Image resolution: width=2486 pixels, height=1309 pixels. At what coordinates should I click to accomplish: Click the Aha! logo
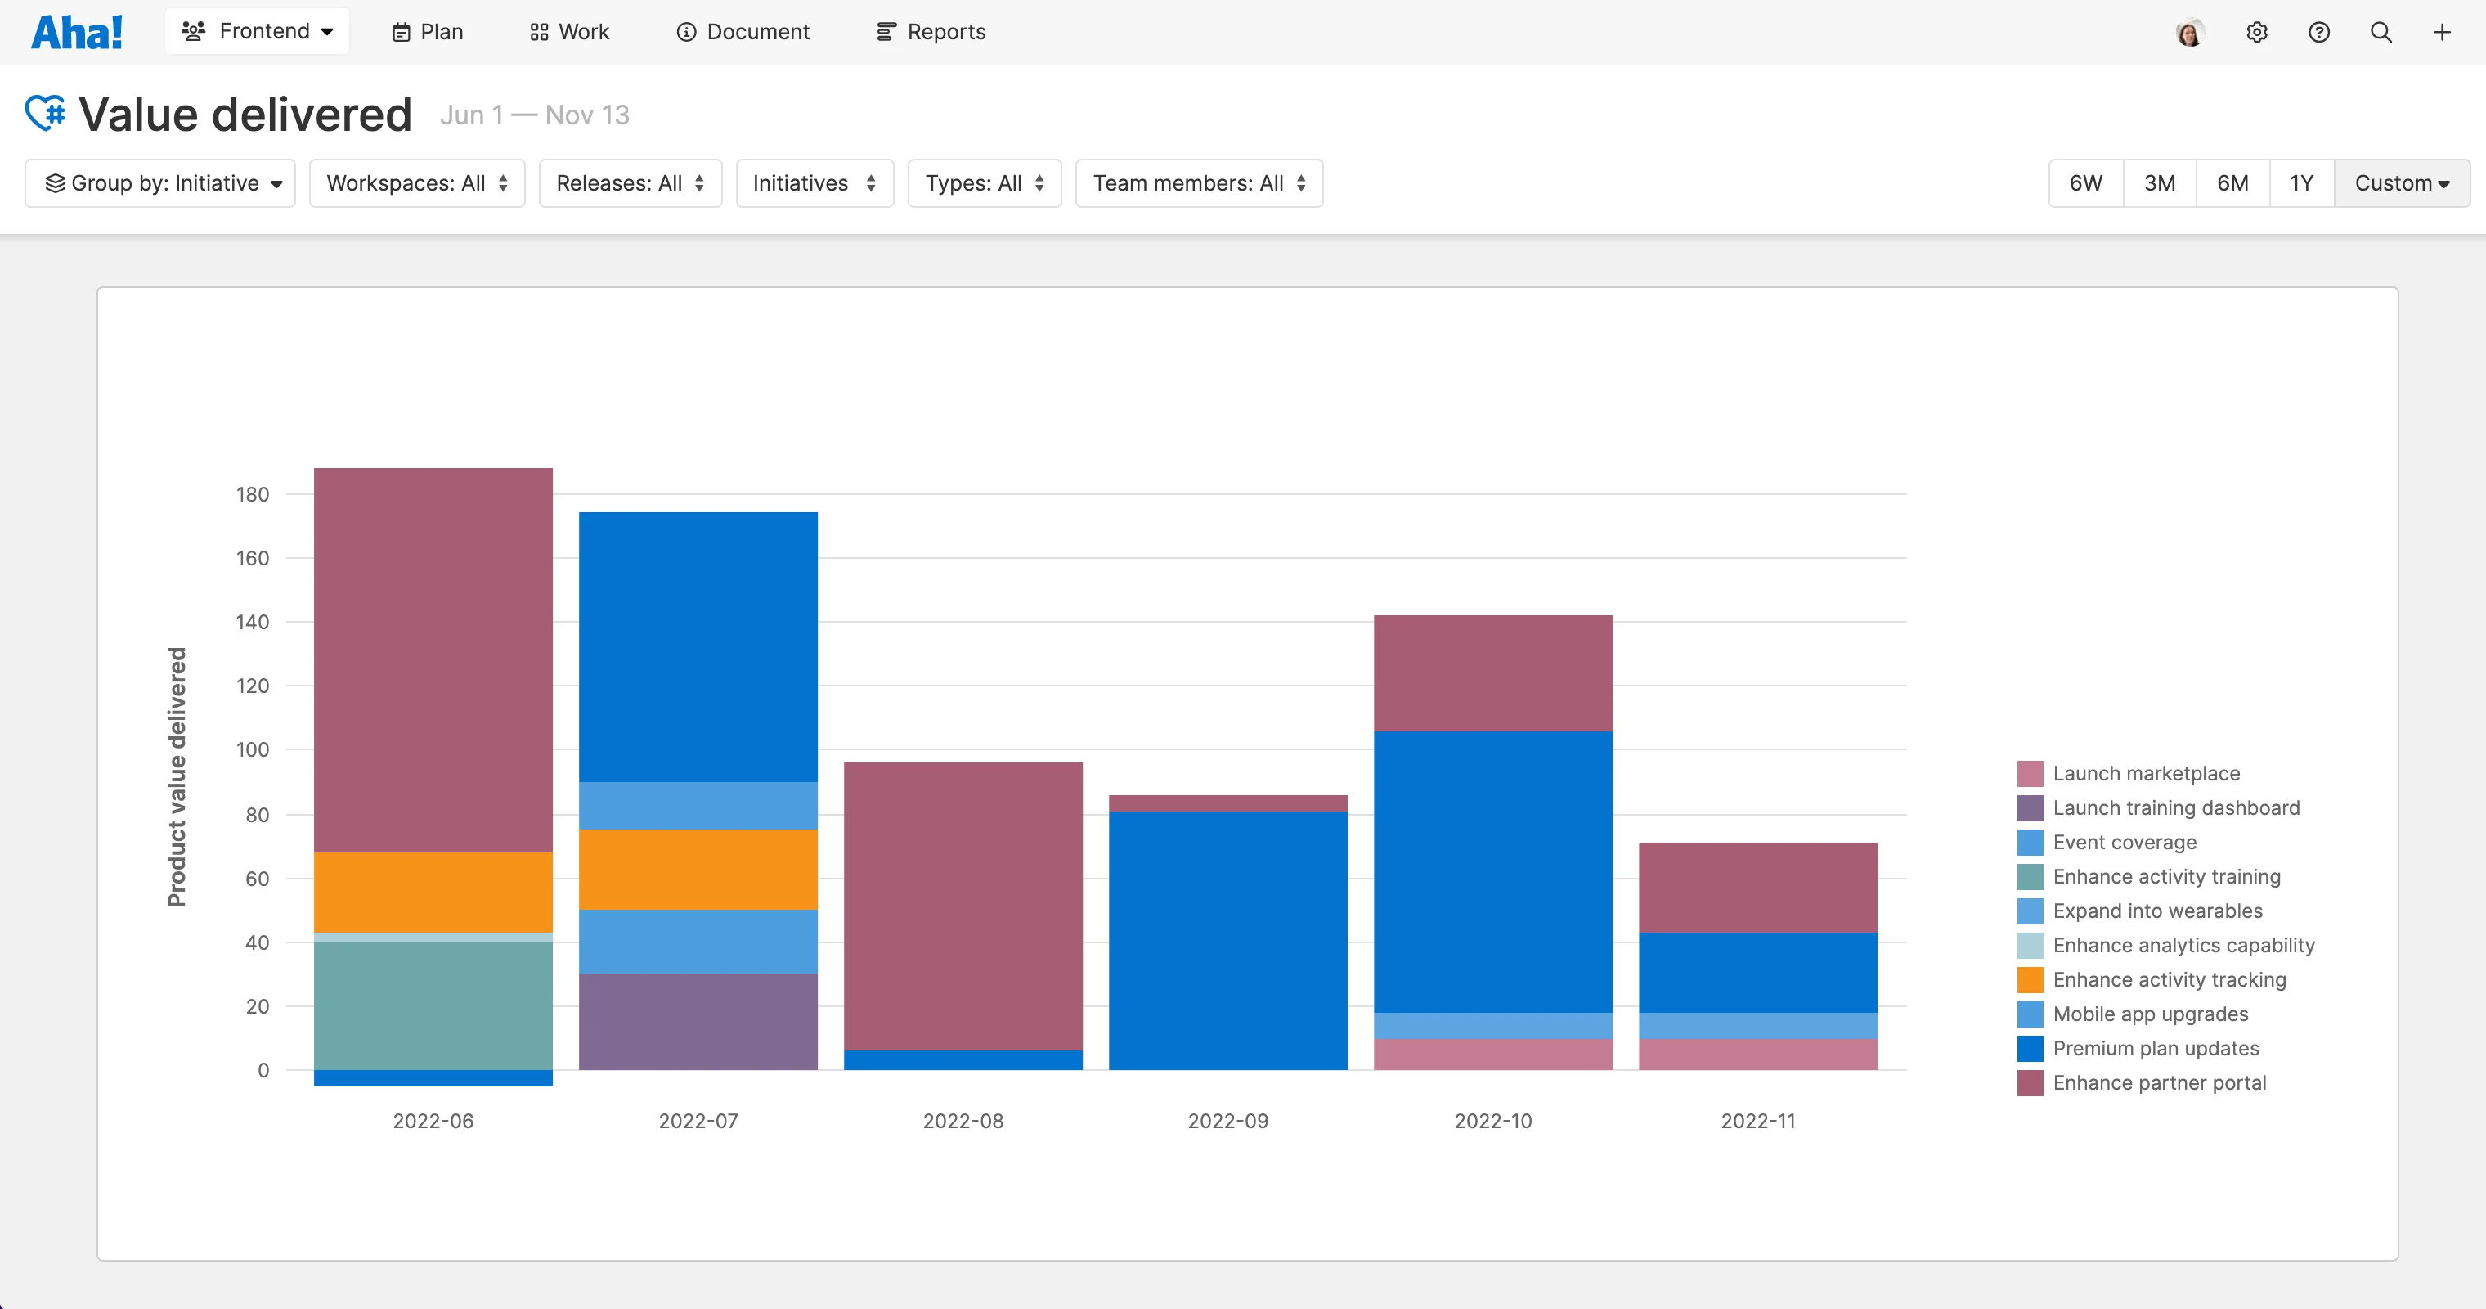[x=77, y=32]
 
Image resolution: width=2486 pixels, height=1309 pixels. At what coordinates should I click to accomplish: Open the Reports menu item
[x=931, y=32]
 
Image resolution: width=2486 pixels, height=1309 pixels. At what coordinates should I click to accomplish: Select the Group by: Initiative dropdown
[x=160, y=183]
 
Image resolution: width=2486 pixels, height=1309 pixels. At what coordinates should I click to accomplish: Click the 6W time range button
[x=2085, y=183]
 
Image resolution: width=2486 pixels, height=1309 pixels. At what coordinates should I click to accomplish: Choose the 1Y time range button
[x=2302, y=183]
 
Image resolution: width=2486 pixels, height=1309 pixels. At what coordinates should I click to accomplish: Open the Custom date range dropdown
[x=2401, y=183]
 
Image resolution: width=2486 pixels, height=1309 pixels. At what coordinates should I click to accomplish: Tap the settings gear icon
[x=2256, y=33]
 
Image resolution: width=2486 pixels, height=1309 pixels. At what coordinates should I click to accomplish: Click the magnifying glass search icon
[x=2381, y=33]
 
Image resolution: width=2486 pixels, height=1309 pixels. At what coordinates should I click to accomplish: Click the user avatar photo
[x=2190, y=33]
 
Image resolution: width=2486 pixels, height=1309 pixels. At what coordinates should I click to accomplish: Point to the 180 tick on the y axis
[x=253, y=494]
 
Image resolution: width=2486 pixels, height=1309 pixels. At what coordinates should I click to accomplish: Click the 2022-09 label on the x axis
[x=1227, y=1121]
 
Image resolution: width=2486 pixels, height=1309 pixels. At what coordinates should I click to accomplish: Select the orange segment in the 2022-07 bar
[x=698, y=869]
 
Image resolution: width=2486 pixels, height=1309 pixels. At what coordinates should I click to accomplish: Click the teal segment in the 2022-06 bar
[x=433, y=1005]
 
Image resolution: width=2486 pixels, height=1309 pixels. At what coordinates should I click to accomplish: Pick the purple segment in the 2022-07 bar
[x=698, y=1021]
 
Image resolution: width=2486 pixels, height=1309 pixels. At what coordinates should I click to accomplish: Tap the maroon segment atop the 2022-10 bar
[x=1493, y=672]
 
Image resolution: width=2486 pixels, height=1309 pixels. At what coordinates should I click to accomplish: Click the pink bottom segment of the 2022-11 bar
[x=1757, y=1054]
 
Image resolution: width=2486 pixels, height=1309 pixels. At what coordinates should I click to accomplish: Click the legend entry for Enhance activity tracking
[x=2169, y=980]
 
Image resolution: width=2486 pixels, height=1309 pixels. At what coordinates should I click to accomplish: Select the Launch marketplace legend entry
[x=2145, y=773]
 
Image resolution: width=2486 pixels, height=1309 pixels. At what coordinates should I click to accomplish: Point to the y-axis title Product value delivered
[x=177, y=777]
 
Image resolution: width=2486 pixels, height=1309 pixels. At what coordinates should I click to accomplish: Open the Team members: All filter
[x=1199, y=183]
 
